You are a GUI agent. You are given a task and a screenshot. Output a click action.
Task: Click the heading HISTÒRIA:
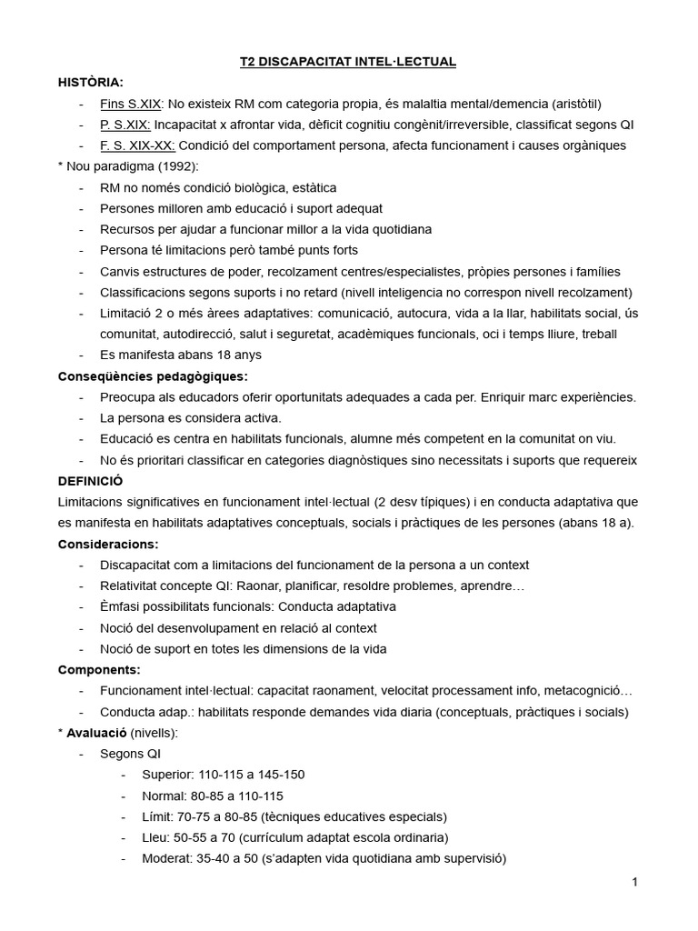(90, 83)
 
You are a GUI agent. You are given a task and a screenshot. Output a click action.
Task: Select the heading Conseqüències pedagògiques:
(153, 376)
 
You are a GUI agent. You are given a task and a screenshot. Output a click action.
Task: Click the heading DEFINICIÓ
(90, 480)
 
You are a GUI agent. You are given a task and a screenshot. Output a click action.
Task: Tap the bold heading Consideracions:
(108, 544)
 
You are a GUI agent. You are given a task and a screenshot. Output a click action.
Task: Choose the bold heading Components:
(99, 669)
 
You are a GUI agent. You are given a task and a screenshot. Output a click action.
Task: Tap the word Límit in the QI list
(157, 816)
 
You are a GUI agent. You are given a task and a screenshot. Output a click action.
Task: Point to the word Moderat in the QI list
(166, 858)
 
